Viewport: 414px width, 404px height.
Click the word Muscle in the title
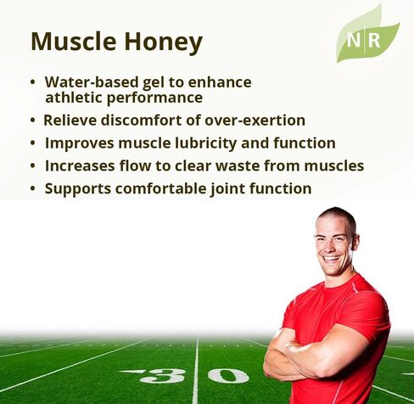click(x=74, y=42)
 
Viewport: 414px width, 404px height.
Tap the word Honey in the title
click(x=164, y=43)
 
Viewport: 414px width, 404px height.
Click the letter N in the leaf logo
click(x=354, y=41)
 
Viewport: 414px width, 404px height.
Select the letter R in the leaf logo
click(x=374, y=41)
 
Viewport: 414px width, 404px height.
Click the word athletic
click(x=74, y=98)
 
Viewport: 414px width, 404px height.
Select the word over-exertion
click(x=255, y=121)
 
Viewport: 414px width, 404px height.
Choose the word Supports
click(x=78, y=189)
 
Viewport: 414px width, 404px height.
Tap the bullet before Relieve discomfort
click(x=33, y=121)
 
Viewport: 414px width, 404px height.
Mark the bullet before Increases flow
click(x=33, y=166)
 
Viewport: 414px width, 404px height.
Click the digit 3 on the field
click(x=162, y=376)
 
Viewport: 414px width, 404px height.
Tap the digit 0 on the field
click(x=228, y=376)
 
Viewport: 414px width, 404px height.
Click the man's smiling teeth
click(x=332, y=258)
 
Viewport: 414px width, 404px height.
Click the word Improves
click(x=80, y=143)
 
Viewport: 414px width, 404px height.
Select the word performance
click(x=154, y=98)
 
